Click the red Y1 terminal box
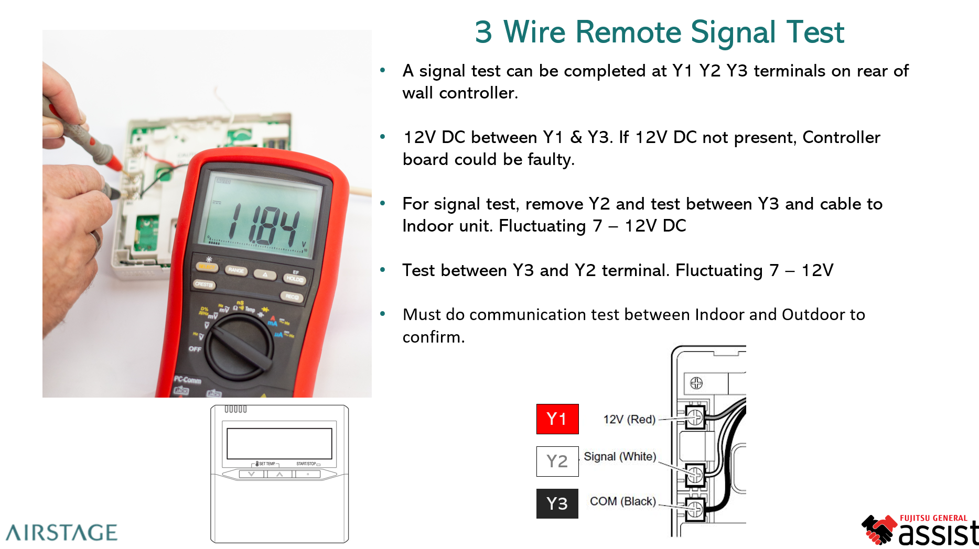coord(557,419)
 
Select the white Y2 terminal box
coord(557,462)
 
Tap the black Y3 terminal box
coord(557,503)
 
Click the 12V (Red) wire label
coord(629,420)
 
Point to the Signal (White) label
coord(620,457)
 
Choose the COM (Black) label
coord(622,501)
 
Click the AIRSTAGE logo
coord(62,533)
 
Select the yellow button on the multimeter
coord(207,267)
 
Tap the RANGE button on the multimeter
coord(236,270)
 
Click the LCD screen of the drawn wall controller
coord(279,444)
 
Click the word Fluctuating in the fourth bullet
coord(718,270)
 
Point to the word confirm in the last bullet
coord(433,337)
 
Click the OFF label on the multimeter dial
coord(195,349)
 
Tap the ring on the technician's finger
coord(96,239)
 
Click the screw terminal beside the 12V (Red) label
coord(695,418)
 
